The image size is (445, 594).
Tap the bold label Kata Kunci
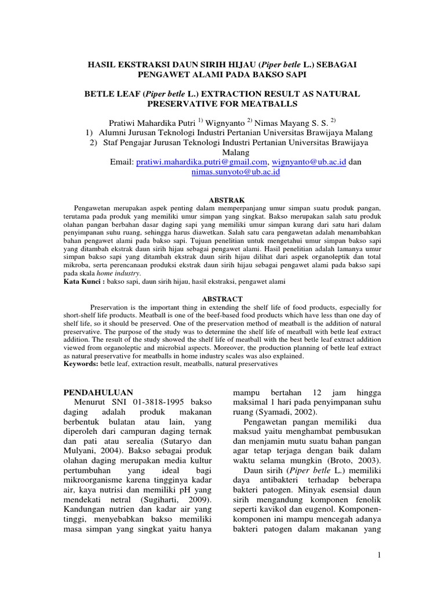[x=81, y=281]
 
